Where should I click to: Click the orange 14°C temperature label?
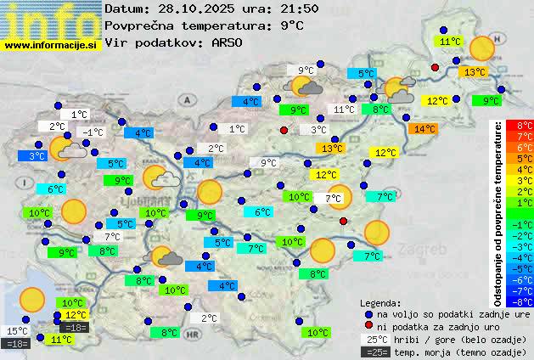[x=423, y=129]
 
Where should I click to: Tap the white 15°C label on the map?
[x=17, y=331]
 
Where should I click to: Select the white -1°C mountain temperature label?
[x=92, y=132]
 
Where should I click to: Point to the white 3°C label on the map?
[x=318, y=130]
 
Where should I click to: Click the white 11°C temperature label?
[x=344, y=110]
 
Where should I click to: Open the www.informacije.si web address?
[x=50, y=44]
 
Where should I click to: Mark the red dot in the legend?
[x=368, y=326]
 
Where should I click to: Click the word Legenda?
[x=380, y=302]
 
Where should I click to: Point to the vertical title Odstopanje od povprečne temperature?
[x=498, y=212]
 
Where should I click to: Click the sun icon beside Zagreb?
[x=377, y=231]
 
